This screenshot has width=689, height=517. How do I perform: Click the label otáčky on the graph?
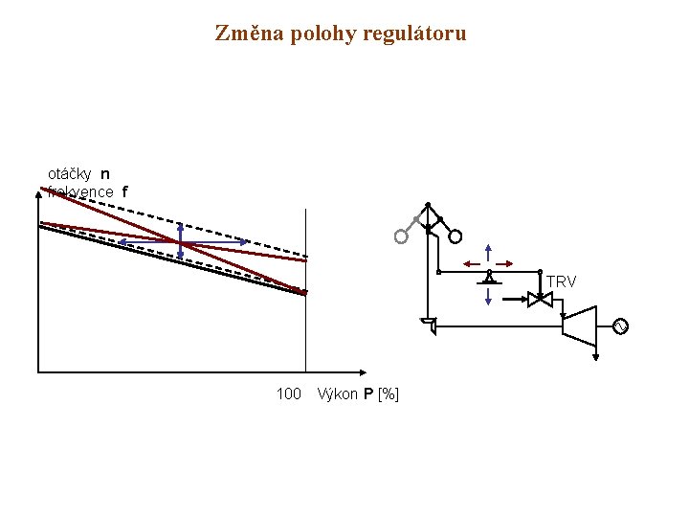coord(70,174)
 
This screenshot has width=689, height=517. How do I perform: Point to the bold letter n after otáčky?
coord(104,174)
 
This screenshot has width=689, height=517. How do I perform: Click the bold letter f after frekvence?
coord(123,191)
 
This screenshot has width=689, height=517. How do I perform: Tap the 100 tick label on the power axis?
coord(288,393)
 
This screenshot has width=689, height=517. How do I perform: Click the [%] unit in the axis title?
coord(389,393)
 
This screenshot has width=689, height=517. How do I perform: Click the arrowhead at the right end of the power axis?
coord(362,371)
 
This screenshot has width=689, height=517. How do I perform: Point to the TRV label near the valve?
coord(561,281)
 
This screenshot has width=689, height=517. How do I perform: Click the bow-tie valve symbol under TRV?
coord(541,299)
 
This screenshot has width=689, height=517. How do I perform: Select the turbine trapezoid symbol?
coord(580,326)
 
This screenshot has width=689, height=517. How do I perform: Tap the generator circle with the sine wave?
coord(620,326)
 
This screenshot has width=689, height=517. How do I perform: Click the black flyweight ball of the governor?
coord(456,236)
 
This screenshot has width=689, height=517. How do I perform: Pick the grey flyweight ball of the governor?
coord(400,236)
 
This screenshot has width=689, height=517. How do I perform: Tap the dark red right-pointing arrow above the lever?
coord(506,263)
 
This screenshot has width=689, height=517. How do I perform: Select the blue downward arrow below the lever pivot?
coord(489,297)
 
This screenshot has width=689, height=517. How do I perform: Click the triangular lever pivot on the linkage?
coord(489,278)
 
